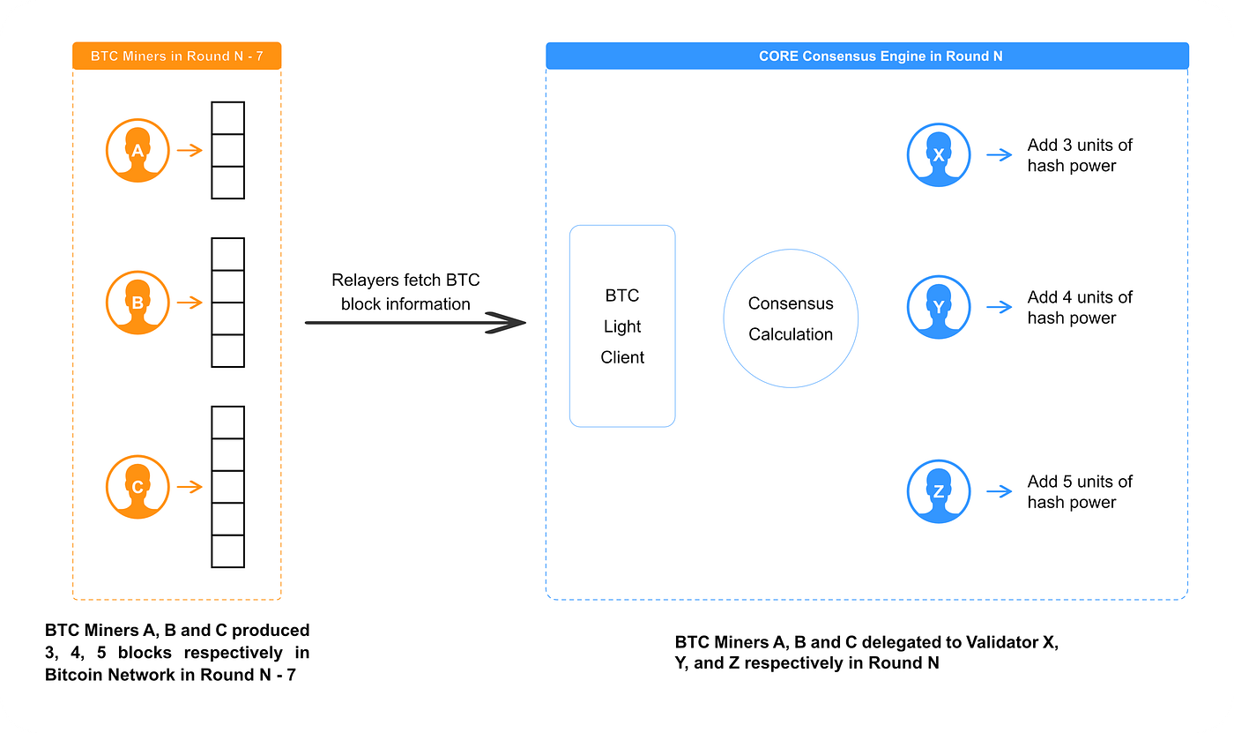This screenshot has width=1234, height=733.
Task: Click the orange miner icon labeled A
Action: point(137,151)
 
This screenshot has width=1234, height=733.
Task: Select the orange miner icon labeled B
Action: point(137,303)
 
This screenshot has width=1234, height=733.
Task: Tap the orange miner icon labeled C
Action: point(137,487)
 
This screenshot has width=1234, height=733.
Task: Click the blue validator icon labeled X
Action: point(939,155)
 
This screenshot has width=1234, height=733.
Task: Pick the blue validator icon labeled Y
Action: point(939,307)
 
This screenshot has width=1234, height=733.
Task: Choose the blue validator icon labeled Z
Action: point(939,491)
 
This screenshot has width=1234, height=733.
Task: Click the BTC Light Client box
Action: point(622,326)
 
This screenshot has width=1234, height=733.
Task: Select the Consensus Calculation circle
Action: point(791,318)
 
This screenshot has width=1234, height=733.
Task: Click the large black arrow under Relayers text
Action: point(414,324)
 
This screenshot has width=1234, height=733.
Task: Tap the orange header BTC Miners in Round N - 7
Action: point(176,56)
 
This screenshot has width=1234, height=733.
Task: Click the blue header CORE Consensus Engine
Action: point(866,56)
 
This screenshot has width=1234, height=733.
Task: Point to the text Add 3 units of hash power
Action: point(1079,155)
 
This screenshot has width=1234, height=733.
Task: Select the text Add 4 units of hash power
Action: point(1079,308)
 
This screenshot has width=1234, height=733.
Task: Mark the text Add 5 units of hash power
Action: point(1079,492)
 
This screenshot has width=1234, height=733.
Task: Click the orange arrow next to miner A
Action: point(190,151)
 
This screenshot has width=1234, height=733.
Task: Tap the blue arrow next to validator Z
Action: point(1000,491)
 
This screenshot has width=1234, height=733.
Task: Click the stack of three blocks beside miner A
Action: point(227,151)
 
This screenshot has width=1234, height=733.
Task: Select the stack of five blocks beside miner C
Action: point(227,487)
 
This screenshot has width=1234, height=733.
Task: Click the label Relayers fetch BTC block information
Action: point(405,292)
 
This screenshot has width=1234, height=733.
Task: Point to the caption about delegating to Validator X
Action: point(866,653)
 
